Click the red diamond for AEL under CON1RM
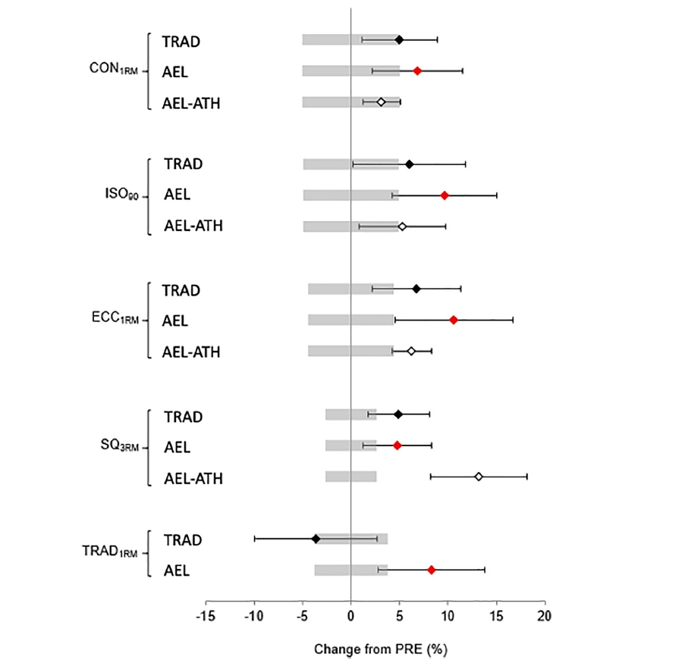[417, 70]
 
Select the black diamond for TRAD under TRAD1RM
[316, 539]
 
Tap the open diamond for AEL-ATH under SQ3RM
[479, 477]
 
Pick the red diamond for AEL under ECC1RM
[454, 320]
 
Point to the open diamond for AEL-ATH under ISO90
[402, 226]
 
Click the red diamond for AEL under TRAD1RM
[432, 570]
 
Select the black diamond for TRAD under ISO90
[409, 164]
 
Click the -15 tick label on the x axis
[206, 614]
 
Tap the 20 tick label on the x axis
[544, 614]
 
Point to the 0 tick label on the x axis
[350, 614]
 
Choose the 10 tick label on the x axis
[448, 614]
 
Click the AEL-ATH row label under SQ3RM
[193, 478]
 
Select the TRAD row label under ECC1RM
[181, 289]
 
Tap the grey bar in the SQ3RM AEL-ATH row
[350, 477]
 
